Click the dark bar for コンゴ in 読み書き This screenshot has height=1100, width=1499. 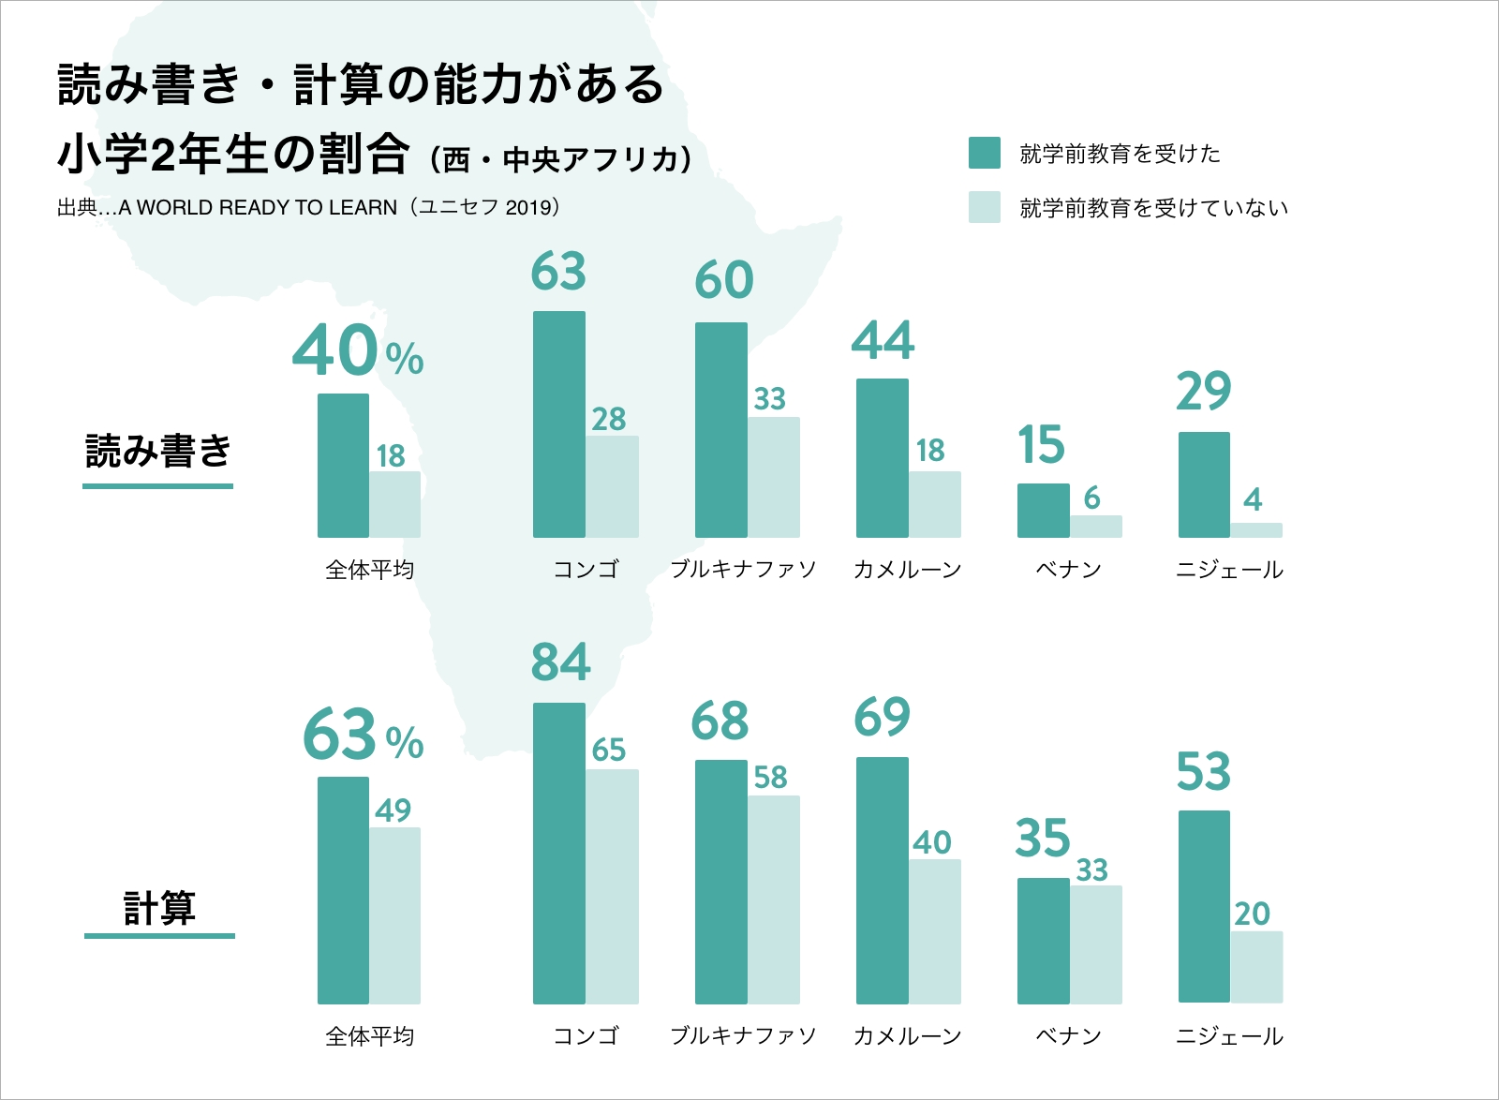point(559,424)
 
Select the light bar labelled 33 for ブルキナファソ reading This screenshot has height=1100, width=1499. point(774,477)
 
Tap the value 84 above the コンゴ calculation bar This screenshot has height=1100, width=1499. point(560,661)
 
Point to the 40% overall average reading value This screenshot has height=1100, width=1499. point(357,352)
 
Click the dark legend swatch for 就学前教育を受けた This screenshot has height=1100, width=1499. point(984,153)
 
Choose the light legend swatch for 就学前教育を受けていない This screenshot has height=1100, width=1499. point(984,207)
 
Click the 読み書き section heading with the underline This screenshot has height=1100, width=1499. point(157,453)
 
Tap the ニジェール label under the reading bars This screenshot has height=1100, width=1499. point(1229,570)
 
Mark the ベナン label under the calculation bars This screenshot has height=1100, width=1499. point(1068,1036)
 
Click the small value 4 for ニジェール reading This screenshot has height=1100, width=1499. point(1253,499)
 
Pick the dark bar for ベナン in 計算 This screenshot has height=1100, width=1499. point(1043,941)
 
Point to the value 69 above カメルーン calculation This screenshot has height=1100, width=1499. point(882,718)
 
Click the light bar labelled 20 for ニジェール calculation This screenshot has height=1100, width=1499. point(1256,967)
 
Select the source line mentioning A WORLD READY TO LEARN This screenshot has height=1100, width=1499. point(308,207)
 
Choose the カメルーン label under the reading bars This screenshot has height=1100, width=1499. point(907,570)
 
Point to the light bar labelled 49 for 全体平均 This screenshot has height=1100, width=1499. point(394,915)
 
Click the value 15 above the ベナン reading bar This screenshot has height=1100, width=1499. point(1041,445)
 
